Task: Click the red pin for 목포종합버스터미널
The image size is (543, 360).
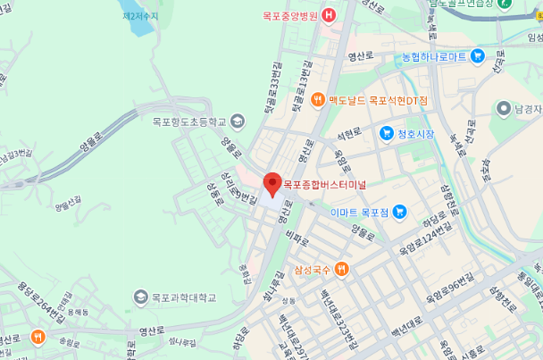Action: [273, 184]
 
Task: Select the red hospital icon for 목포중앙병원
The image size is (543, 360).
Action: [329, 15]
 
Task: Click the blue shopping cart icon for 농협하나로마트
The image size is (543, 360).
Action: [478, 56]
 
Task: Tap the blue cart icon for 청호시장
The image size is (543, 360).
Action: [386, 134]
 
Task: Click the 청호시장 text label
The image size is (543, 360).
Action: [415, 134]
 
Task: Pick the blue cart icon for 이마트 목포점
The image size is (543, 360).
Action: [399, 212]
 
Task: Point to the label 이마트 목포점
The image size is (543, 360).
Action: [360, 213]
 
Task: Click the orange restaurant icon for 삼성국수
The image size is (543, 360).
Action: [341, 269]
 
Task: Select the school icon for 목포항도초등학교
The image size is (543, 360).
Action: [237, 121]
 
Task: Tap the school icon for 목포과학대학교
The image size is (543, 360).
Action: [141, 297]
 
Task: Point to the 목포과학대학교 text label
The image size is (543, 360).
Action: [184, 297]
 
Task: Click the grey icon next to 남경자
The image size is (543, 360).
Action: [504, 108]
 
